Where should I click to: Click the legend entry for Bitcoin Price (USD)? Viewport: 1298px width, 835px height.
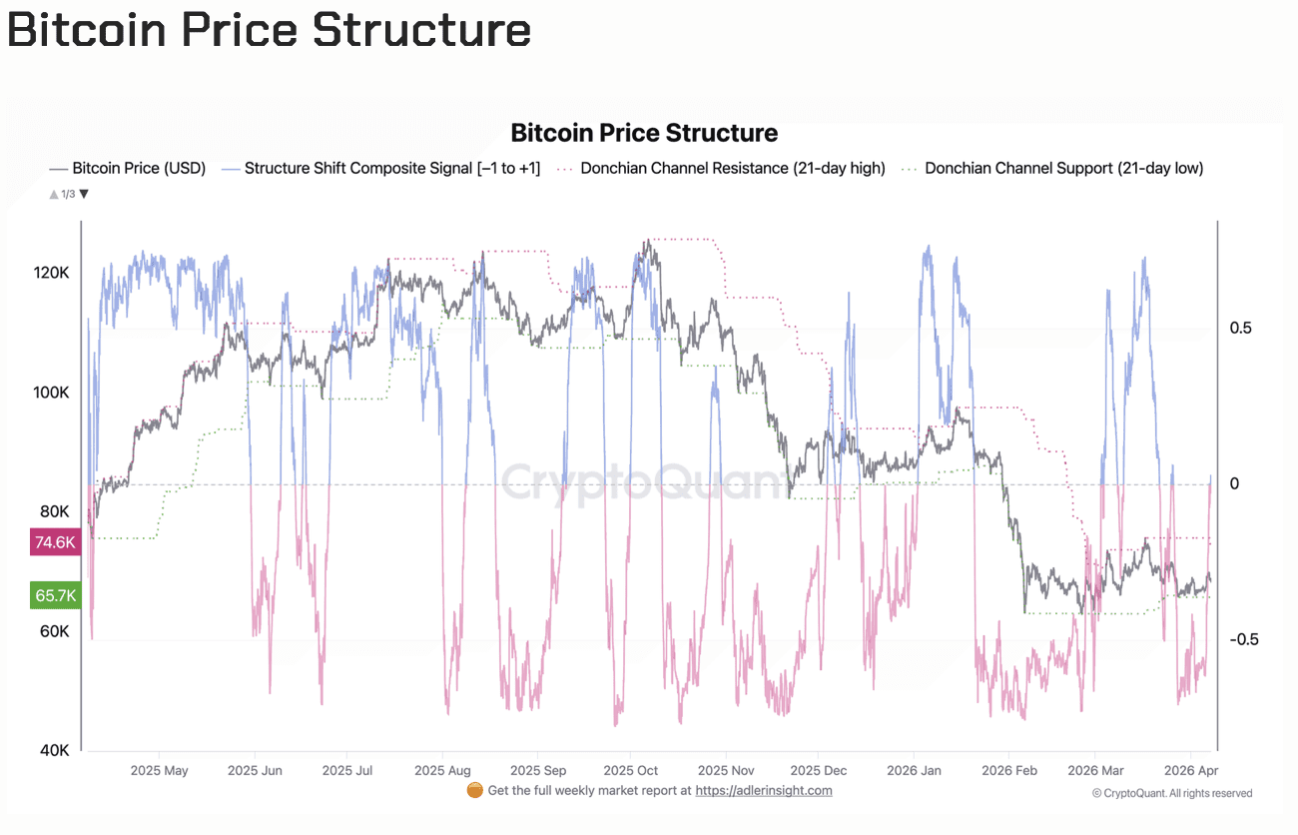tap(128, 169)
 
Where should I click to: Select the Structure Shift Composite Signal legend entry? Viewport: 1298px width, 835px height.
tap(380, 169)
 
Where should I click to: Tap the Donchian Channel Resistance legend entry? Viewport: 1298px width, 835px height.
tap(722, 169)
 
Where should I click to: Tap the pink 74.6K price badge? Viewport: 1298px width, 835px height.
tap(55, 542)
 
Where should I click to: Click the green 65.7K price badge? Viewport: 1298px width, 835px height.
tap(55, 596)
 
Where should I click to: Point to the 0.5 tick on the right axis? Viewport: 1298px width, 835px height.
tap(1241, 329)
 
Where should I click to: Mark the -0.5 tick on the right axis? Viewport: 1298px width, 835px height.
tap(1243, 640)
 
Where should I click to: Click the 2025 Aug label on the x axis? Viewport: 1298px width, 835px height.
tap(442, 771)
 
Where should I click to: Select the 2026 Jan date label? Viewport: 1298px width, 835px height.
tap(914, 771)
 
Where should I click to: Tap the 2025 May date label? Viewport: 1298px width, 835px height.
tap(159, 771)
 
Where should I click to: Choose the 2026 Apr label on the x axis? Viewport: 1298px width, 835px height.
tap(1190, 771)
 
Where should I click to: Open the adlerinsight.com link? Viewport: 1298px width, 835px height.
tap(763, 791)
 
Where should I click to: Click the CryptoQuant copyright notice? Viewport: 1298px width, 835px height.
tap(1172, 793)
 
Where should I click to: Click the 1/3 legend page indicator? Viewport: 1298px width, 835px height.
tap(69, 194)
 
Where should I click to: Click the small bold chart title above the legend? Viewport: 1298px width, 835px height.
tap(644, 133)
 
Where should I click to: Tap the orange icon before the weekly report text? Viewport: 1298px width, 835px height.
tap(475, 790)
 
